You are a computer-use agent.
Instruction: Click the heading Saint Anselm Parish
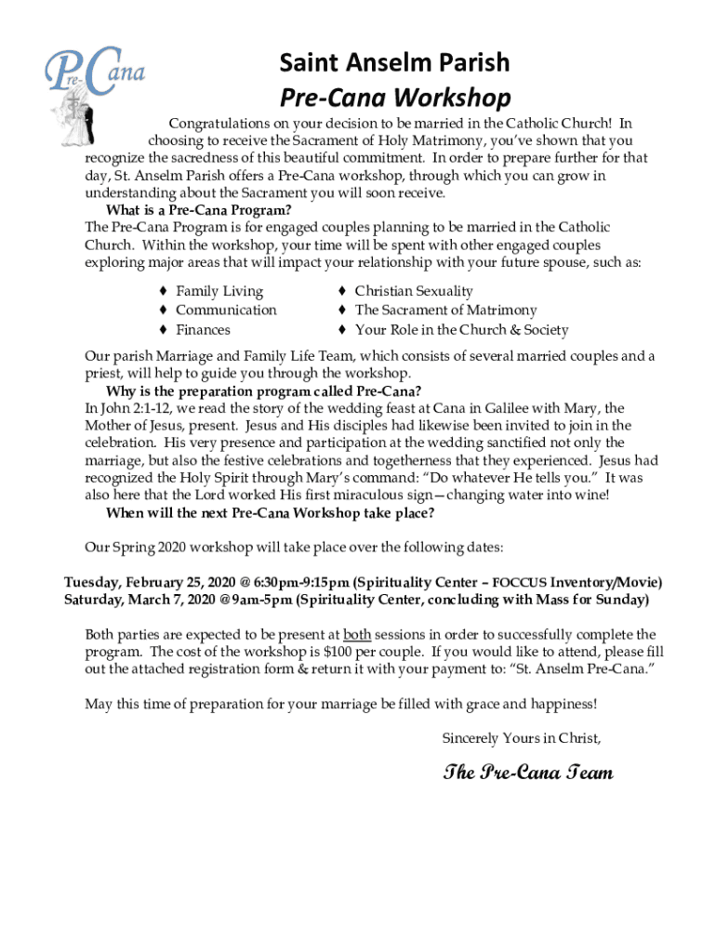(395, 62)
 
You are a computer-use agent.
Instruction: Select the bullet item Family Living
(219, 291)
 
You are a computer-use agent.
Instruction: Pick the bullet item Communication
(226, 310)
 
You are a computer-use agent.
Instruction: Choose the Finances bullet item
(203, 329)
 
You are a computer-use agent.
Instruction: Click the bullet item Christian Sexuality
(414, 291)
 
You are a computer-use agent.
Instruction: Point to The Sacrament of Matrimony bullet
(445, 310)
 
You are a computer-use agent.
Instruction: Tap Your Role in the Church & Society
(461, 329)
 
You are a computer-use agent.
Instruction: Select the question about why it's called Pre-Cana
(264, 390)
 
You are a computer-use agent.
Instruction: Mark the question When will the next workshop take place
(270, 512)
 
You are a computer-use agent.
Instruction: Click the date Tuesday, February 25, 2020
(150, 582)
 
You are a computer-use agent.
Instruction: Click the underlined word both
(357, 634)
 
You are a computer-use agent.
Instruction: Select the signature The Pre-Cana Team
(527, 773)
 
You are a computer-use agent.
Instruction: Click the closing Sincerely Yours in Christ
(521, 738)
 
